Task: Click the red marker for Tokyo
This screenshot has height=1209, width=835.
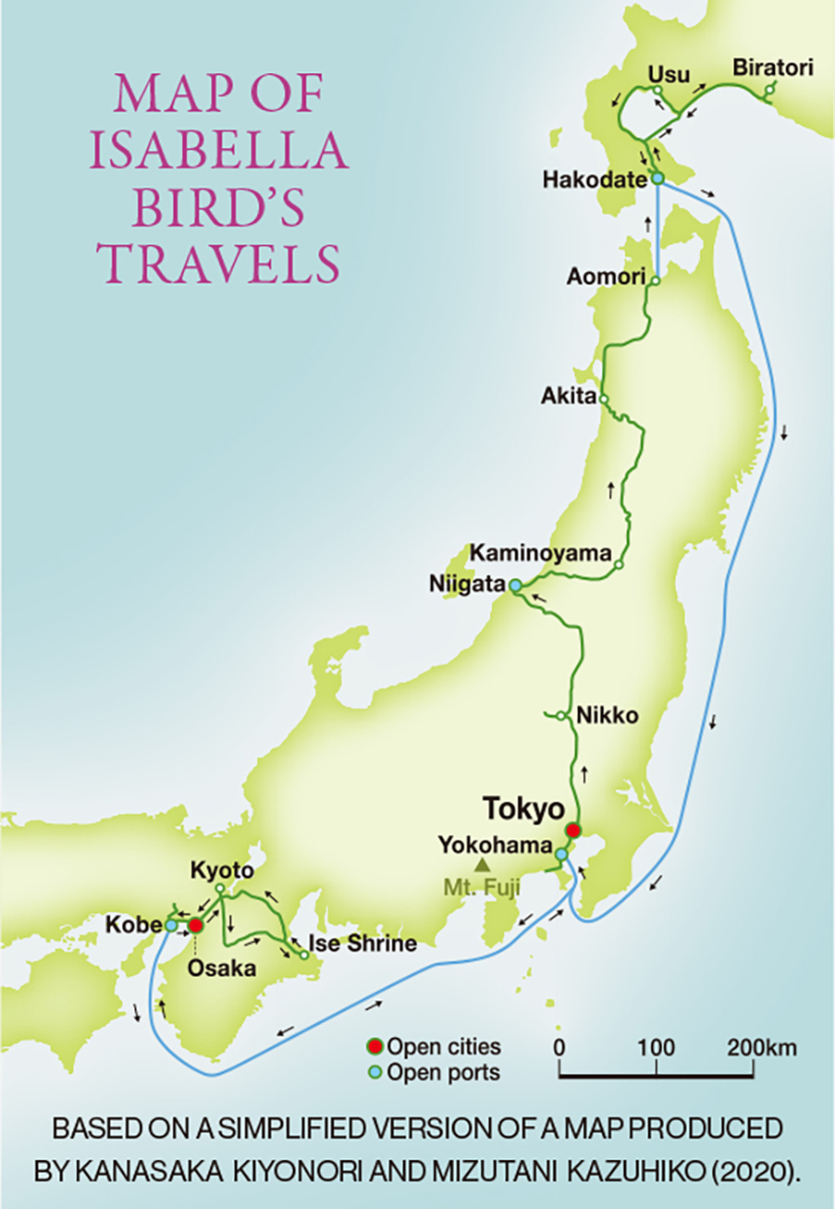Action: click(573, 830)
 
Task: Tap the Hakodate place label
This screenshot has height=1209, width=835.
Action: click(594, 179)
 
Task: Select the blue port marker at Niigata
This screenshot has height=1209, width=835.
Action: click(515, 586)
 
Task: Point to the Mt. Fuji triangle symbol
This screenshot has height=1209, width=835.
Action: click(482, 866)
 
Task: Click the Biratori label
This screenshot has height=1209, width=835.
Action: click(772, 68)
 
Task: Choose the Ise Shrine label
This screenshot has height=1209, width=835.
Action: click(362, 943)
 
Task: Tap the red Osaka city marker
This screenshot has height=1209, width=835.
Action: click(197, 926)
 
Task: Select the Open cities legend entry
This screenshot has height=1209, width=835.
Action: click(435, 1046)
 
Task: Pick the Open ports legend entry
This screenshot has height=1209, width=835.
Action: click(435, 1073)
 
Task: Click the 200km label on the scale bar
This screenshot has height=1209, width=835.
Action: click(762, 1047)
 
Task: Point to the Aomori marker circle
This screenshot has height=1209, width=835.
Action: click(656, 281)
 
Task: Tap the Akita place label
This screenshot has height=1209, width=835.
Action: click(569, 396)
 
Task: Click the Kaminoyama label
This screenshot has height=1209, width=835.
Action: click(540, 553)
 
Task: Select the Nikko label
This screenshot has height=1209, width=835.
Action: click(607, 715)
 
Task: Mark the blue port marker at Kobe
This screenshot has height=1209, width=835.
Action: click(171, 926)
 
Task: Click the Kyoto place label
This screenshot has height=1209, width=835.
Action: click(222, 870)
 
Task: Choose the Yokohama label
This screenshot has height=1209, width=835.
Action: click(495, 845)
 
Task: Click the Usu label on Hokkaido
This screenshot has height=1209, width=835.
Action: click(668, 75)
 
